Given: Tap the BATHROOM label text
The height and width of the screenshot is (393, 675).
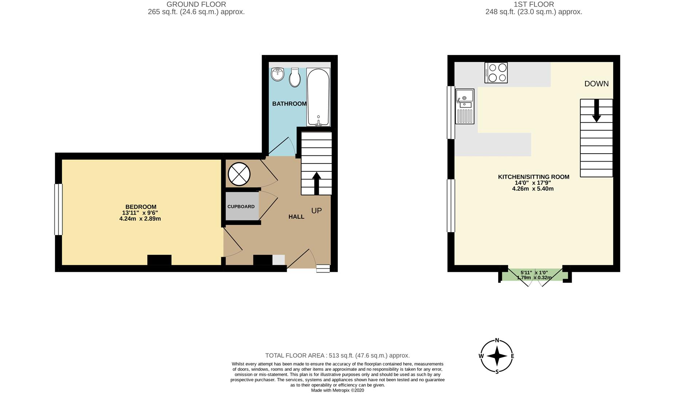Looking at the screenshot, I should (x=289, y=104).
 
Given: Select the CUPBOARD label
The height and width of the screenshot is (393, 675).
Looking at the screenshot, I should (x=241, y=207).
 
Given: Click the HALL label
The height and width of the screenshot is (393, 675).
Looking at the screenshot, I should (x=296, y=217).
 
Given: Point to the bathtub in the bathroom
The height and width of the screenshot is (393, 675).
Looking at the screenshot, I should (x=318, y=97).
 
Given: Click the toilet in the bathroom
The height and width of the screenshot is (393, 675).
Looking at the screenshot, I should (x=295, y=78).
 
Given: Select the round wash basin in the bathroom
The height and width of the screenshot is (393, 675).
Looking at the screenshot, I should (x=278, y=74).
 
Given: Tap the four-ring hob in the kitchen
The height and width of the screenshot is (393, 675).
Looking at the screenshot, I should (x=496, y=73).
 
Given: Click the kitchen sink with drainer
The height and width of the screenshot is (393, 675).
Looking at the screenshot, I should (x=465, y=106).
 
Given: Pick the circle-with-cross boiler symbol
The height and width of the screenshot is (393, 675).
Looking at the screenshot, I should (x=239, y=174).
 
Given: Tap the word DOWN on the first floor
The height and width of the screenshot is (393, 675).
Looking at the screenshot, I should (x=596, y=84).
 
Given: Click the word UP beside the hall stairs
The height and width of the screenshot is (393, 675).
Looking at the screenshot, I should (x=316, y=211).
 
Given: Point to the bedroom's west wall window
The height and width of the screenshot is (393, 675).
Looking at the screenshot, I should (x=58, y=209).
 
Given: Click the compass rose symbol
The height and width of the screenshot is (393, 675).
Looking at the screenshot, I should (x=497, y=356).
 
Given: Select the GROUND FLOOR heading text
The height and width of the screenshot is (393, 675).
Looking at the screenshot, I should (x=196, y=4).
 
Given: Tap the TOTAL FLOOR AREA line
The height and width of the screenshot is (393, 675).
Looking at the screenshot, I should (x=337, y=356).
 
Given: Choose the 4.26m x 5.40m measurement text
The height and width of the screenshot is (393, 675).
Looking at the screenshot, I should (x=533, y=189).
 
